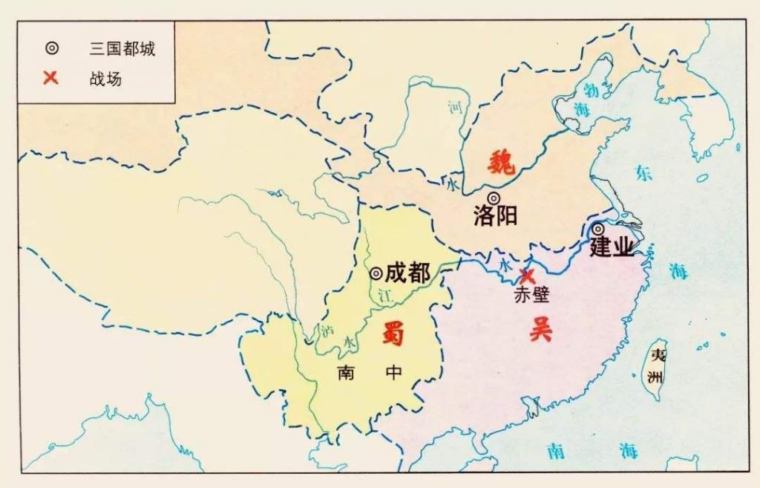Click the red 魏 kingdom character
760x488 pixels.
[502, 161]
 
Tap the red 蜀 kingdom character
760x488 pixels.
[393, 334]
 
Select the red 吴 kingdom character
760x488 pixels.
[540, 328]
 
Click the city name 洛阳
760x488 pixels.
[495, 215]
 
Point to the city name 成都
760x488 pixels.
[407, 273]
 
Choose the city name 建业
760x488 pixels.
[612, 247]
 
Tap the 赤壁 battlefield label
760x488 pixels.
[531, 295]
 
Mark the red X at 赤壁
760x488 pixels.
[527, 275]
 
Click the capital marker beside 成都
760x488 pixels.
[377, 273]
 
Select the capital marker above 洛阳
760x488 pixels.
[494, 198]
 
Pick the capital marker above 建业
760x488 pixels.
[597, 230]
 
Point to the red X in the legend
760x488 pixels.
[50, 77]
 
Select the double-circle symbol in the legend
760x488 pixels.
[50, 49]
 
